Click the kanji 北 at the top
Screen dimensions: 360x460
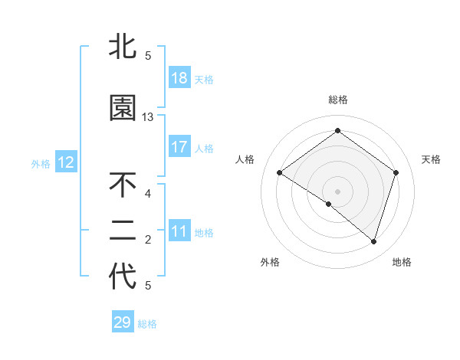(x=123, y=47)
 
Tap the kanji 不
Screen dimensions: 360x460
(x=123, y=185)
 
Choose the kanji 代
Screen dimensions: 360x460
(x=123, y=277)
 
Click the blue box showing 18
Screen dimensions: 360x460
(x=179, y=78)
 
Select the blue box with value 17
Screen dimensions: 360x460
(x=179, y=147)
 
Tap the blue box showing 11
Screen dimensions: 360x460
(x=179, y=231)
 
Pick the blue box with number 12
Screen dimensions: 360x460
(x=66, y=162)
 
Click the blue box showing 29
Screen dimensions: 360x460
(x=123, y=322)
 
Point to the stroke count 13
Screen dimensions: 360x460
(x=148, y=117)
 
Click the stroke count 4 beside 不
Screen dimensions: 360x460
(x=148, y=193)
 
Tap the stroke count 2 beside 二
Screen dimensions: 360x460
(x=148, y=241)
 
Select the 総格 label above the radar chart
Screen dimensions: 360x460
(x=337, y=100)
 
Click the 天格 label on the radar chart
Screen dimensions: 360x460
(x=431, y=159)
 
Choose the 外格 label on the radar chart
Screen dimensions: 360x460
(x=270, y=262)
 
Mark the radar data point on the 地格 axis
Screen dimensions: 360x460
(x=373, y=241)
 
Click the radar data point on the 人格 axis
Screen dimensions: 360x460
(x=279, y=172)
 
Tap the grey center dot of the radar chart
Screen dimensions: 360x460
(x=337, y=191)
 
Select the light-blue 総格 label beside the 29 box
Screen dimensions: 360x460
(x=147, y=324)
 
